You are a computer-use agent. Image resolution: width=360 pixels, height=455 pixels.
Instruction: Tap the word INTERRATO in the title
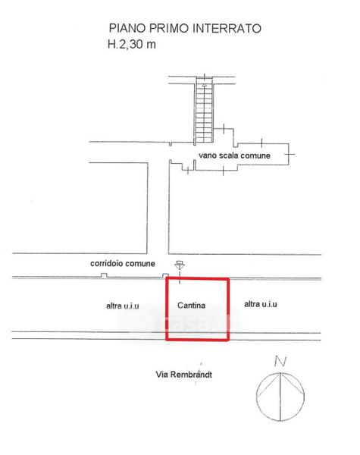click(227, 29)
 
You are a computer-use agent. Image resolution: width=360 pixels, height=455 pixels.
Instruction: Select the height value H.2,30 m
click(132, 44)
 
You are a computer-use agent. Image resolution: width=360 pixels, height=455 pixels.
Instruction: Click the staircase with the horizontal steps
click(204, 110)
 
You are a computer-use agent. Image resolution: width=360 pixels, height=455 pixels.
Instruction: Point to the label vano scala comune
click(234, 155)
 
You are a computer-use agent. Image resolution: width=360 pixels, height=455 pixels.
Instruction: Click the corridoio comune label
click(123, 263)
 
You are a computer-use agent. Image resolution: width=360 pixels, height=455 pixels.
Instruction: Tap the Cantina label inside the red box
click(192, 306)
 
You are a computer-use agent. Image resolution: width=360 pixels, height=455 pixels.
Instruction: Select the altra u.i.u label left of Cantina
click(123, 306)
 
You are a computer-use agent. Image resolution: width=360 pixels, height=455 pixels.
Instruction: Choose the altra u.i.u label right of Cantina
click(261, 304)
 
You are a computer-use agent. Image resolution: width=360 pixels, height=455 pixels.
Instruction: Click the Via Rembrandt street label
click(184, 375)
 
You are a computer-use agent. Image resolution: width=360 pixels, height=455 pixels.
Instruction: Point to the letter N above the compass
click(280, 362)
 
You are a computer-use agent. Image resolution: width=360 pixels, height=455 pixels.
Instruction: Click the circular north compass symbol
click(280, 397)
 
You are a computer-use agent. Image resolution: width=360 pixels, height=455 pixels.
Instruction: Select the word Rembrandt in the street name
click(191, 375)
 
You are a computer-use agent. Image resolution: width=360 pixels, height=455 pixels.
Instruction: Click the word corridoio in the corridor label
click(105, 263)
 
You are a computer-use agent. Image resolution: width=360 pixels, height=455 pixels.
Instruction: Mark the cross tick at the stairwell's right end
click(290, 154)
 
